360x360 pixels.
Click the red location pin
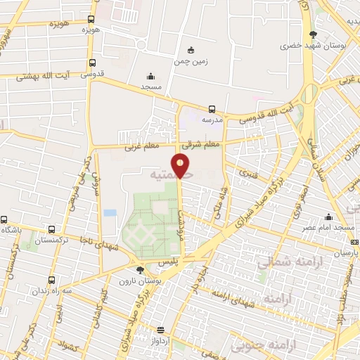(181, 166)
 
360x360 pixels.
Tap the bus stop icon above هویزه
(91, 20)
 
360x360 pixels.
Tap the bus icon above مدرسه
(212, 109)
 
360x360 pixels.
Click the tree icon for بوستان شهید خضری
(313, 34)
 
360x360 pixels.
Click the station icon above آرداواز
(161, 330)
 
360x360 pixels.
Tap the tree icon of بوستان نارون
(140, 269)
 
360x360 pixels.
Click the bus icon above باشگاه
(5, 219)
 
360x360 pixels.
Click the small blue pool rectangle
(110, 212)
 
